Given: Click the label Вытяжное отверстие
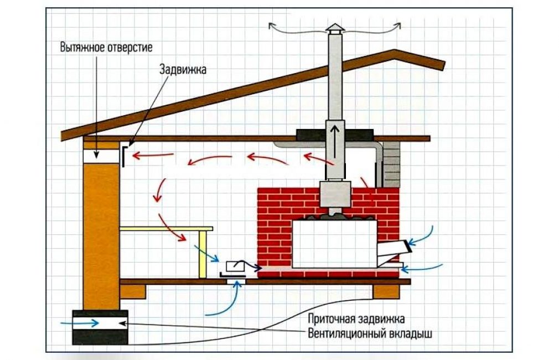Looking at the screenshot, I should [106, 47].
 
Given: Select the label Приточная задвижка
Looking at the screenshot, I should [356, 320].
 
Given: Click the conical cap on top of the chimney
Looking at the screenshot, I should [334, 29].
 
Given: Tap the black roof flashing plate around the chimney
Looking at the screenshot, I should [335, 133].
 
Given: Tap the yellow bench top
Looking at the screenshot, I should [166, 228].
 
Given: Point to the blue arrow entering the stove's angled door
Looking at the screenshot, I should [423, 235].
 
